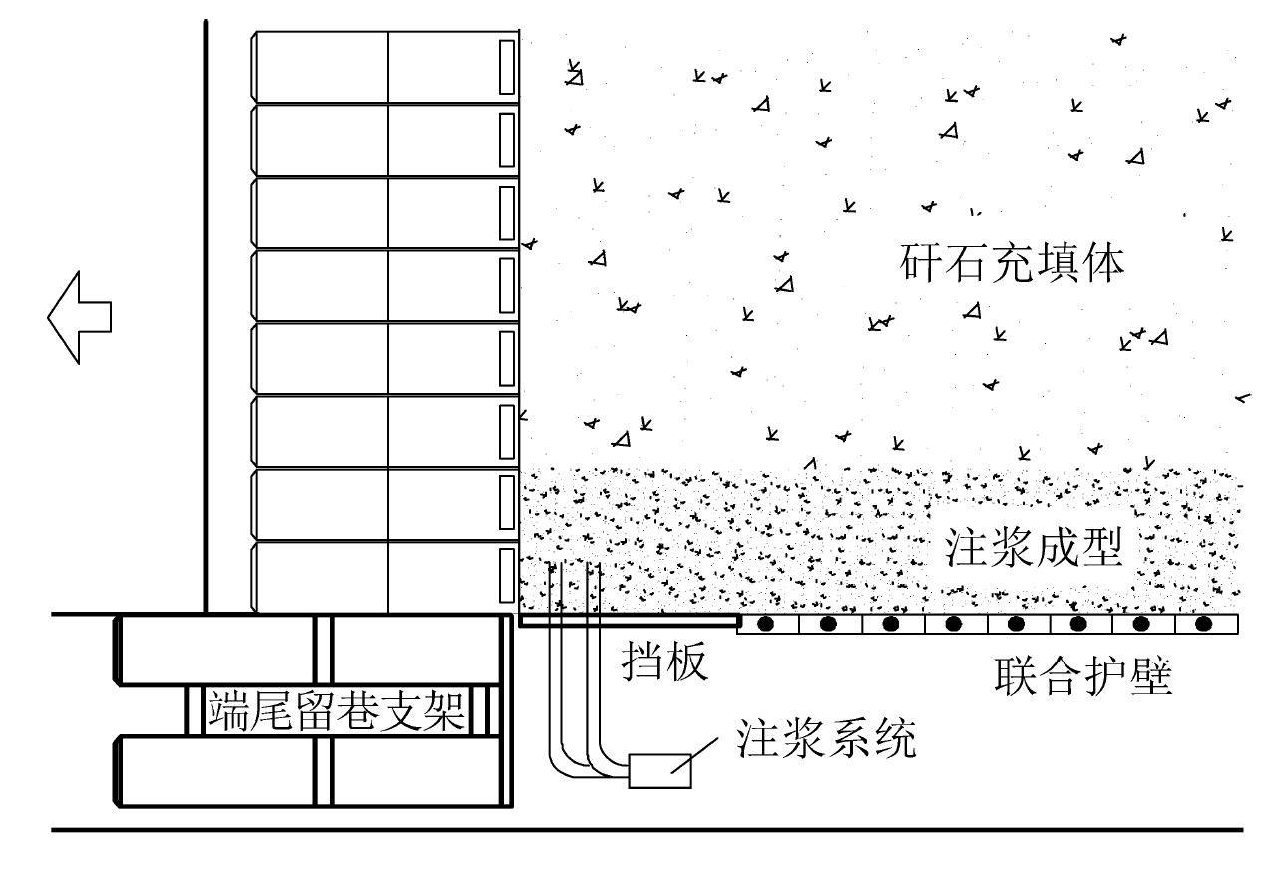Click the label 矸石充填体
pyautogui.click(x=1013, y=265)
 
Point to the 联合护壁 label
pyautogui.click(x=1082, y=677)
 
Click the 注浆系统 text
pyautogui.click(x=824, y=738)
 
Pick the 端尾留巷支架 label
pyautogui.click(x=336, y=712)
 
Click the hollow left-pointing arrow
pyautogui.click(x=79, y=318)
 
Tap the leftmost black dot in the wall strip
pyautogui.click(x=766, y=625)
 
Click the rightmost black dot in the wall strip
pyautogui.click(x=1204, y=625)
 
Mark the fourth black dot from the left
pyautogui.click(x=954, y=625)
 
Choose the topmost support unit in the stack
pyautogui.click(x=384, y=66)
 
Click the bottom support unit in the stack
pyautogui.click(x=384, y=576)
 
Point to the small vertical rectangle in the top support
pyautogui.click(x=506, y=67)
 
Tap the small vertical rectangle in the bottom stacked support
pyautogui.click(x=506, y=577)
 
